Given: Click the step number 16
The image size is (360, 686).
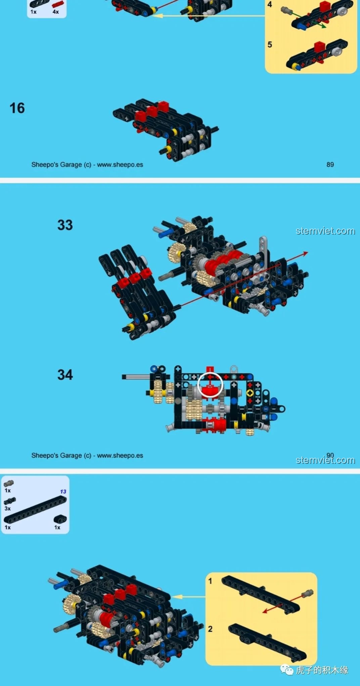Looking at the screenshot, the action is (17, 108).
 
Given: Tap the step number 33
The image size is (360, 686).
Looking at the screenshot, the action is (65, 225).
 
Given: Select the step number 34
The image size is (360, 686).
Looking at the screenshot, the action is (65, 375).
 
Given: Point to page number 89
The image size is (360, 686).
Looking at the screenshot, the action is (330, 164).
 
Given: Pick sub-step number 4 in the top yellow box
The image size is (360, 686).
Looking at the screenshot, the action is (270, 5).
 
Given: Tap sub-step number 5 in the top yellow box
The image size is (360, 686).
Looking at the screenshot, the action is (270, 45).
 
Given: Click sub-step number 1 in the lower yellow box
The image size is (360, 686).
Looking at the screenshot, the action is (210, 581).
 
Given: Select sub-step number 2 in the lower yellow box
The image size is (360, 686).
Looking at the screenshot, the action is (210, 629).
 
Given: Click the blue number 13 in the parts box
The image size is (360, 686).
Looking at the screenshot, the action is (63, 492).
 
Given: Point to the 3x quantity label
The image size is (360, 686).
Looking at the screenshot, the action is (7, 508).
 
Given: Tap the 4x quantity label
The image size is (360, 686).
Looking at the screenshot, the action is (56, 12).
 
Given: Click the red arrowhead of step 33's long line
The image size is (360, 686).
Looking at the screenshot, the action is (305, 253).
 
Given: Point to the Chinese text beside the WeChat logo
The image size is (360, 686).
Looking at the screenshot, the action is (322, 670).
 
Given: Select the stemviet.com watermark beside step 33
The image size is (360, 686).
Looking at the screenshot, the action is (325, 231).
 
